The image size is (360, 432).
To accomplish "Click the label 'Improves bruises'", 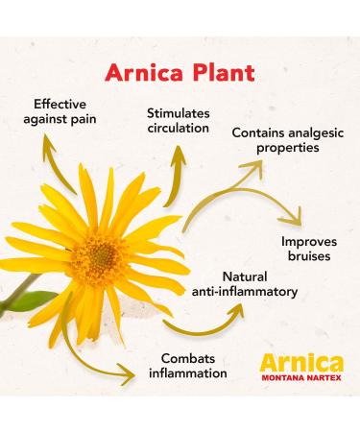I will (308, 249).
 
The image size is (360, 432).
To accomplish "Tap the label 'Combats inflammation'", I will (187, 365).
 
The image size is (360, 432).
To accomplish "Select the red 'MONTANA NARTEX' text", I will (300, 380).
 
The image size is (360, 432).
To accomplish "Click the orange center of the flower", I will (98, 254).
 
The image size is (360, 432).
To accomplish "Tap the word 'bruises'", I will (308, 256).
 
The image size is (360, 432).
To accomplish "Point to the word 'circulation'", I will (179, 129).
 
